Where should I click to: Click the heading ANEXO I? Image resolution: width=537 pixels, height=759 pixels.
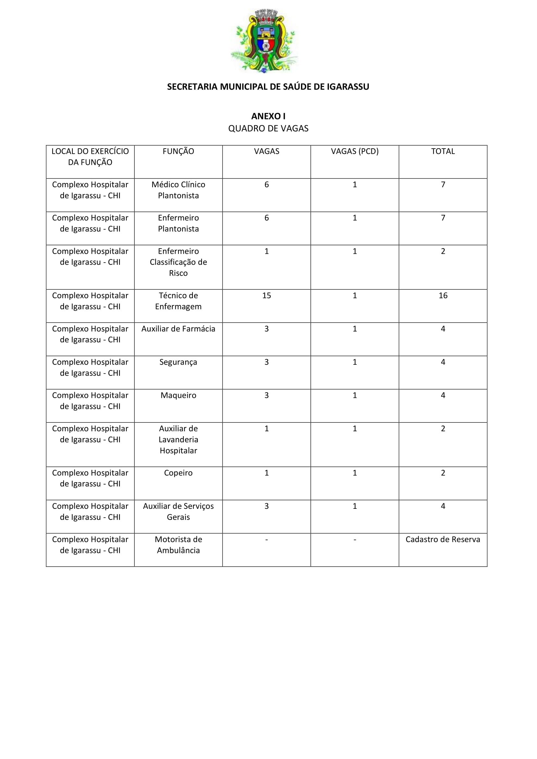(x=268, y=116)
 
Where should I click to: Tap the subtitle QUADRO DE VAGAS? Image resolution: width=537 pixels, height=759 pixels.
(x=268, y=129)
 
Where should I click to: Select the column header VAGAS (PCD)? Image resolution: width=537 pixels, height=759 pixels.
(x=355, y=152)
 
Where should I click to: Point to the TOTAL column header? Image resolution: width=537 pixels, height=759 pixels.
(x=443, y=152)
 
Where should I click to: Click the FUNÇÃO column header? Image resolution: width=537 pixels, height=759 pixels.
(x=178, y=152)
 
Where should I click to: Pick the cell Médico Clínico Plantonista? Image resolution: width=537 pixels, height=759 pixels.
(x=178, y=190)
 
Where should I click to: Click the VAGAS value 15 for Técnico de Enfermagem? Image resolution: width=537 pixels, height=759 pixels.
(x=267, y=296)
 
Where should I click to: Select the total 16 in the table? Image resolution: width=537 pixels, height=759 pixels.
(x=443, y=296)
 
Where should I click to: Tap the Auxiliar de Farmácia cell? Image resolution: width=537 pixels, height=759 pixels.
(x=178, y=329)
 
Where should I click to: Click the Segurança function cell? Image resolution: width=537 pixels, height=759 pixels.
(x=178, y=362)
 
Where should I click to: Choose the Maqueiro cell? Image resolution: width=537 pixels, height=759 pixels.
(x=178, y=395)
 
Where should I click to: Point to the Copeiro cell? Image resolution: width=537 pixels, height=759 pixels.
(x=178, y=473)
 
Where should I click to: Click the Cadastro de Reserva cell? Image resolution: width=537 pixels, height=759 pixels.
(x=443, y=540)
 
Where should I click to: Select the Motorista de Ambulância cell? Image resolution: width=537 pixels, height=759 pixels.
(x=178, y=545)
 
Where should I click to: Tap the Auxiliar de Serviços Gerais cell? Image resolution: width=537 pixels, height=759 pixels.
(x=178, y=512)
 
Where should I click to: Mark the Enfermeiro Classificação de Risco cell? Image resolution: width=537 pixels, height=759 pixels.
(x=178, y=262)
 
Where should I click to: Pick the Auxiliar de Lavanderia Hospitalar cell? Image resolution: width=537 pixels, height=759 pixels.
(x=178, y=440)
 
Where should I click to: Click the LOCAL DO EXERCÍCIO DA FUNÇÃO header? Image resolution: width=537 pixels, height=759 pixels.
(x=90, y=157)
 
